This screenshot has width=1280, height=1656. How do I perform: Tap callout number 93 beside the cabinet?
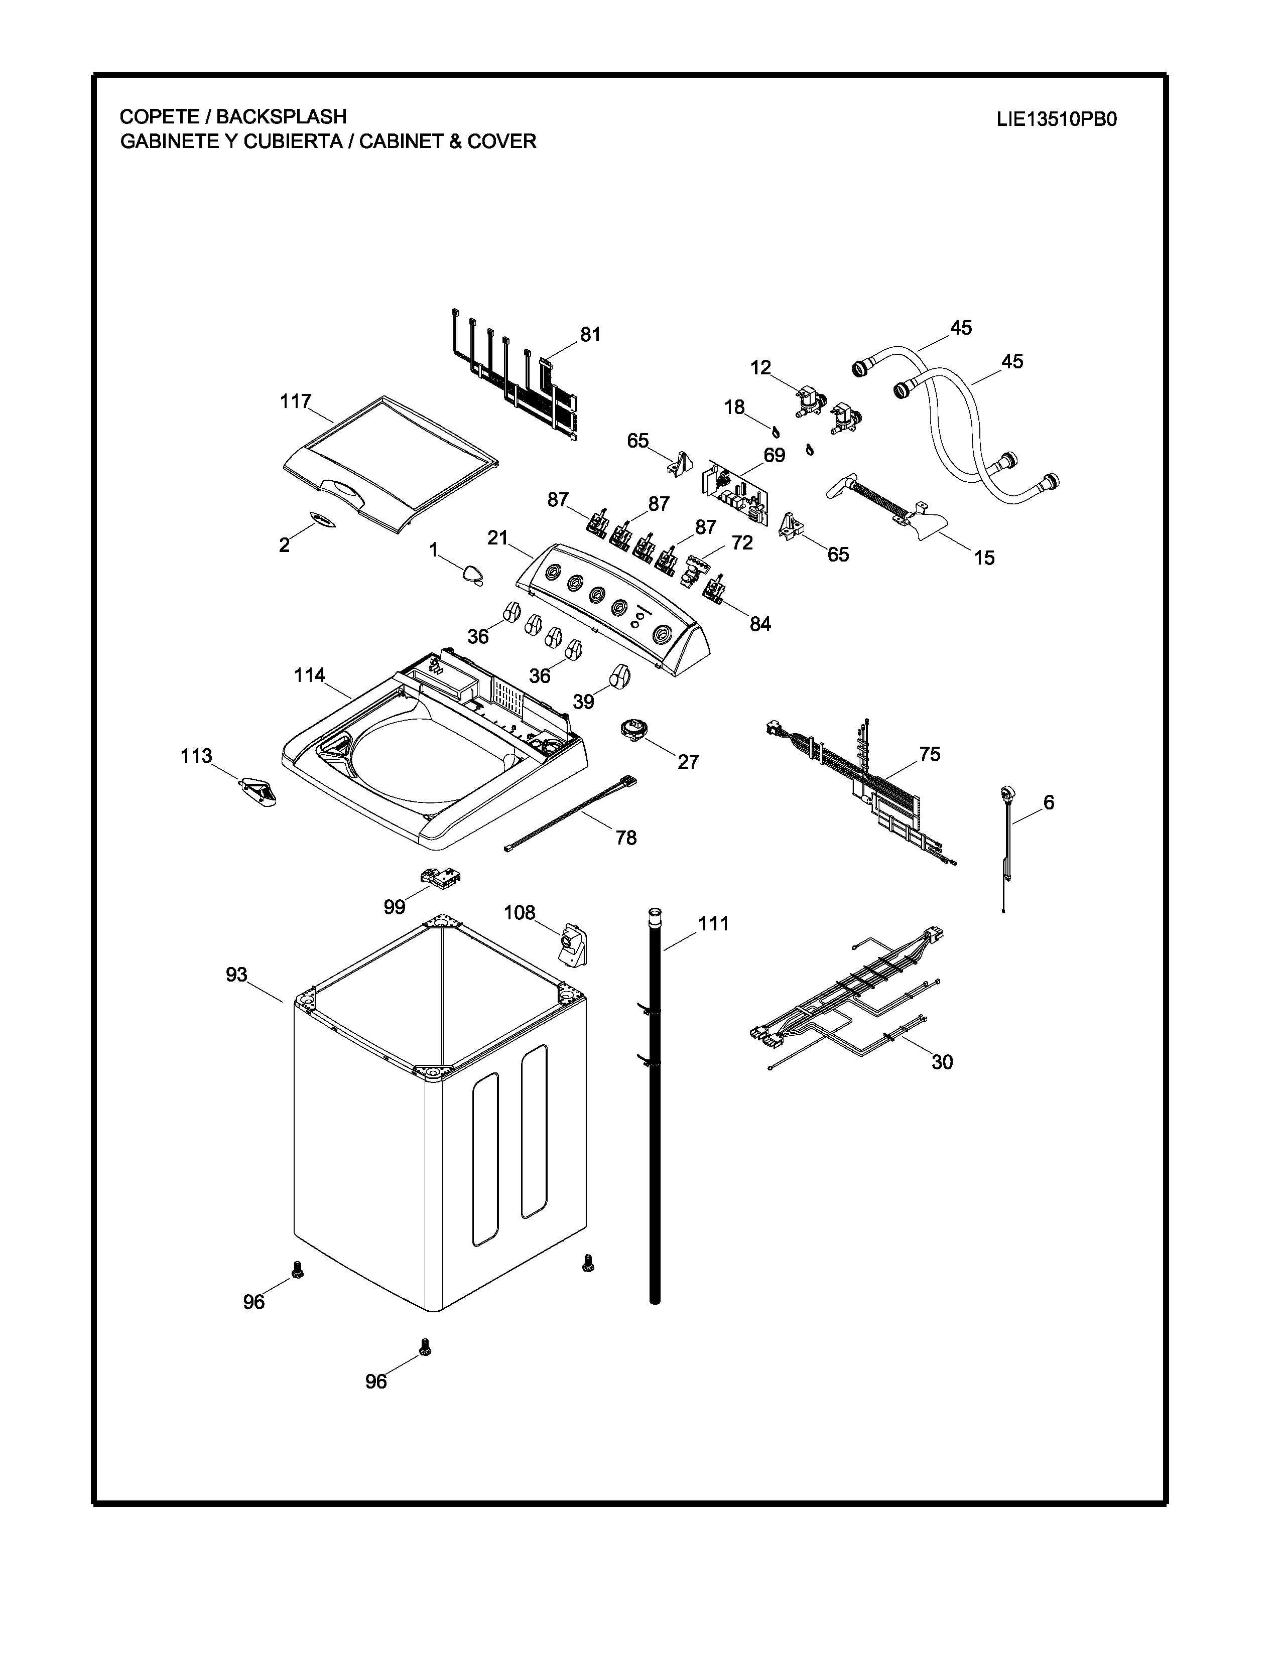[x=236, y=975]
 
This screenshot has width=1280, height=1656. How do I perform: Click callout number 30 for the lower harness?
[x=942, y=1062]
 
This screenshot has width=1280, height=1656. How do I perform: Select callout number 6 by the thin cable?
[x=1049, y=802]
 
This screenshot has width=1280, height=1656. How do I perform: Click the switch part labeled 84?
[x=715, y=589]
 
